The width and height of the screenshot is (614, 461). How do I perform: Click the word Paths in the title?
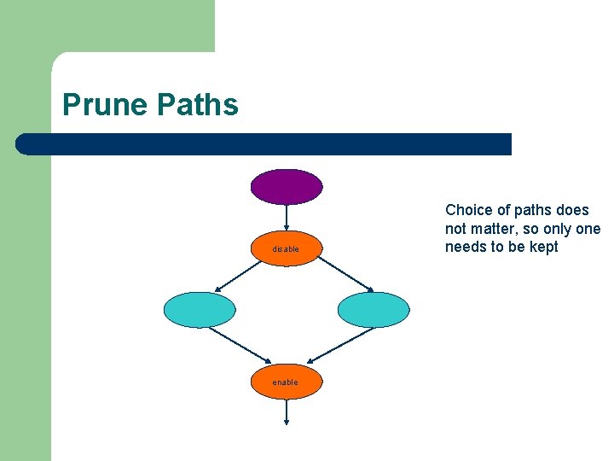[198, 105]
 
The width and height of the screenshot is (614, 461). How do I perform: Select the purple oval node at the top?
[286, 186]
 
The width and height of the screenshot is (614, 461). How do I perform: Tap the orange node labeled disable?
[286, 248]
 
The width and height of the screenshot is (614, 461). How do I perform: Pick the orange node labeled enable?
[286, 382]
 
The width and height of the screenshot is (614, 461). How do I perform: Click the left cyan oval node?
[199, 310]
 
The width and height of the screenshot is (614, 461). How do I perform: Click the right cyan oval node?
[374, 310]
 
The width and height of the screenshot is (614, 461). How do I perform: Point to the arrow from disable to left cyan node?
[237, 277]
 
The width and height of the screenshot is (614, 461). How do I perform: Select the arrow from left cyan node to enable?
[240, 345]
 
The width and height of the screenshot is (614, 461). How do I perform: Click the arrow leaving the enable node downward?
[286, 412]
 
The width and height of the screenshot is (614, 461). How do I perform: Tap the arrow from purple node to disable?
[286, 217]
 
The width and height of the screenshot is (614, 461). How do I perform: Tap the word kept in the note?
[542, 248]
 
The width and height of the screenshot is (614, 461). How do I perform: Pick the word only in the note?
[555, 229]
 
